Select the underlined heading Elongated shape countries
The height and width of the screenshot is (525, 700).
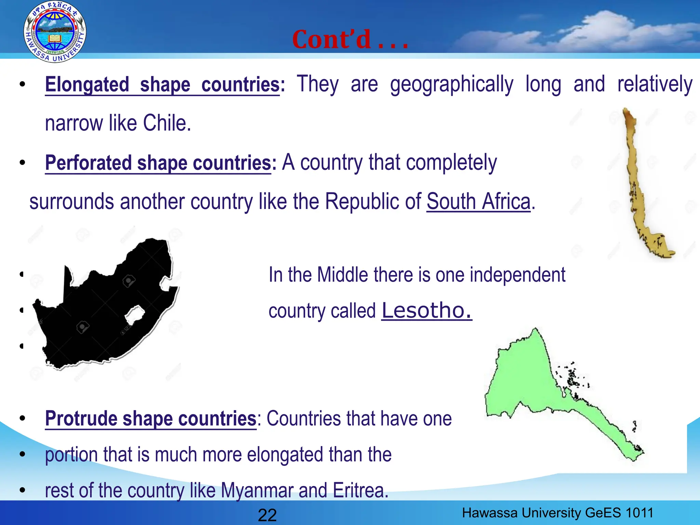pyautogui.click(x=162, y=85)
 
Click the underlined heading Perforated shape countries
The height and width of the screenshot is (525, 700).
pyautogui.click(x=158, y=163)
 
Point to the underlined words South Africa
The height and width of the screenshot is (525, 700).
pyautogui.click(x=479, y=202)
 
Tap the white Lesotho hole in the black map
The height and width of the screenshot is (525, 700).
pyautogui.click(x=135, y=315)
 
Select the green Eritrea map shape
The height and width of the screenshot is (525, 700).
pyautogui.click(x=523, y=379)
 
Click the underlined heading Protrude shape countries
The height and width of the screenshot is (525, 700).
pyautogui.click(x=150, y=419)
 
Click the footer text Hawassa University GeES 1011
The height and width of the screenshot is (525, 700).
pyautogui.click(x=557, y=513)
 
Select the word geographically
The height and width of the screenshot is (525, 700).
pyautogui.click(x=452, y=85)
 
